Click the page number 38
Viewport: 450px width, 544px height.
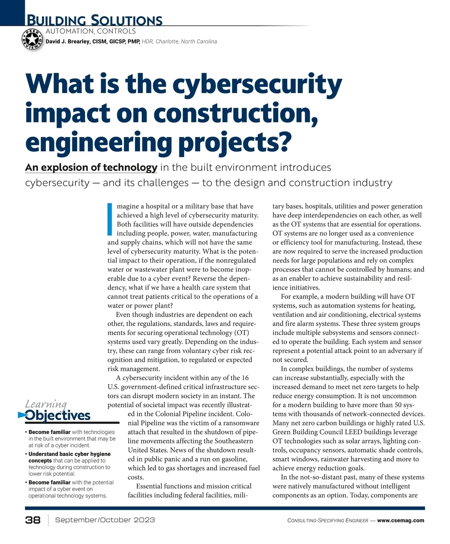(33, 520)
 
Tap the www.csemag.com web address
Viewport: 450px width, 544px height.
(400, 520)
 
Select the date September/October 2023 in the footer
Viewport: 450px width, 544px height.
(105, 520)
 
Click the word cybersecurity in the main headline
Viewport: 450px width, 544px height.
(257, 84)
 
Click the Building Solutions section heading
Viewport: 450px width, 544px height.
(94, 20)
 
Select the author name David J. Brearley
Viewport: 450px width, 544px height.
(67, 42)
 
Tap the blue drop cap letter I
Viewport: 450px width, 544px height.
(110, 219)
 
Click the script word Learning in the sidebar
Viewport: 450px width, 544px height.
(46, 404)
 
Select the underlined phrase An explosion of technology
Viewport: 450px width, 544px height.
(91, 167)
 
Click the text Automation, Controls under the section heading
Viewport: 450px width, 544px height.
(91, 32)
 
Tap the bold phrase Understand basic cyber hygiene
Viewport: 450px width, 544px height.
(69, 454)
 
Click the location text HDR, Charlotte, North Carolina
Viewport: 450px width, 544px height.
(179, 42)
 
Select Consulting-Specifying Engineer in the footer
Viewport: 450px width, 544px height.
(327, 521)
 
